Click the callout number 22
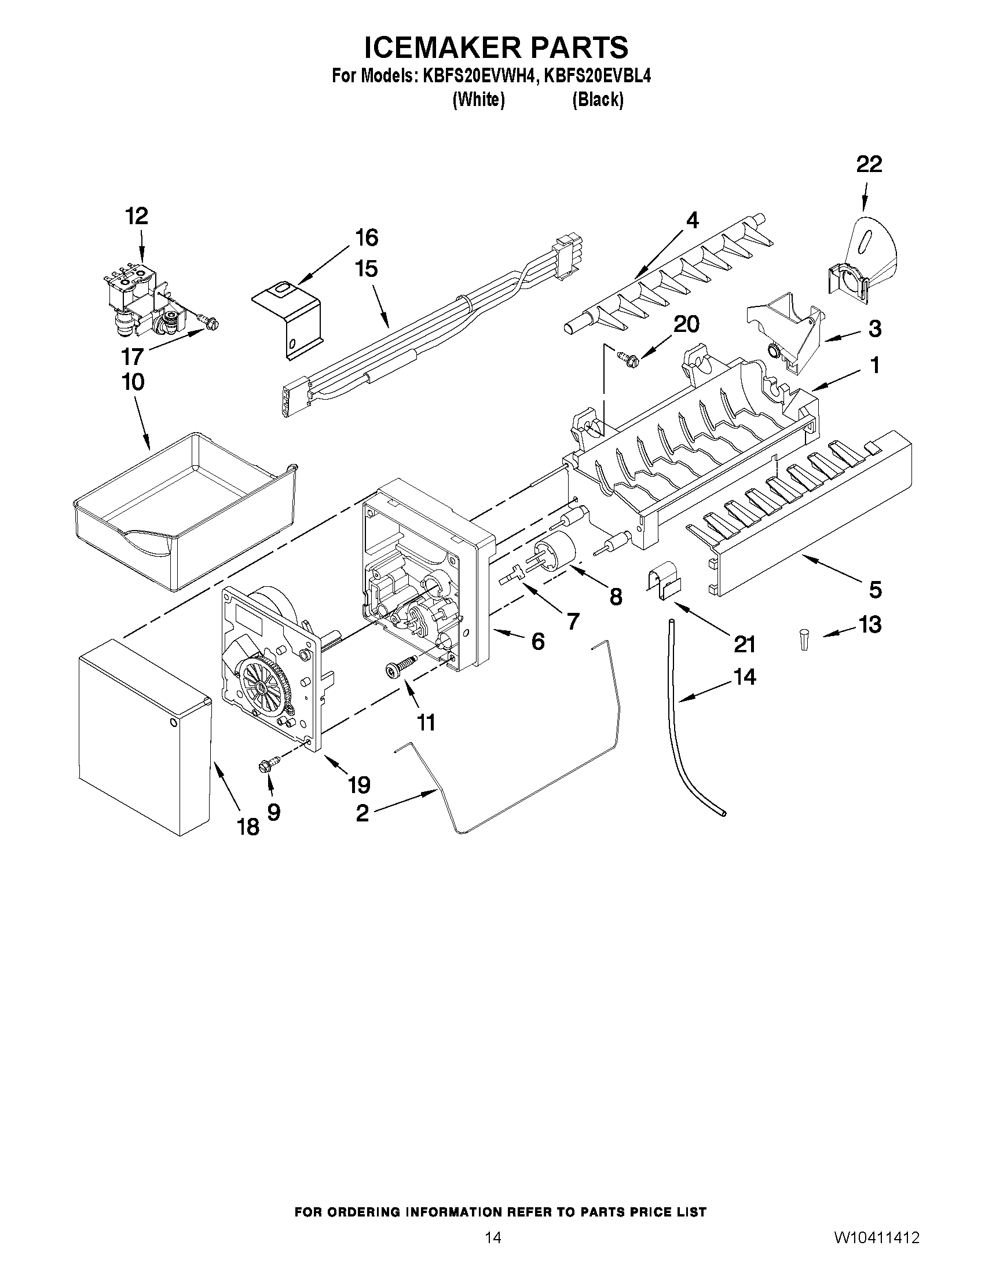click(x=868, y=165)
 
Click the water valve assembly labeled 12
click(x=144, y=302)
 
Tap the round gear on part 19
click(x=262, y=684)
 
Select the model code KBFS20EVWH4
click(x=475, y=76)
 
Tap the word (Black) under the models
click(x=598, y=100)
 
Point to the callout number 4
click(x=692, y=220)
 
